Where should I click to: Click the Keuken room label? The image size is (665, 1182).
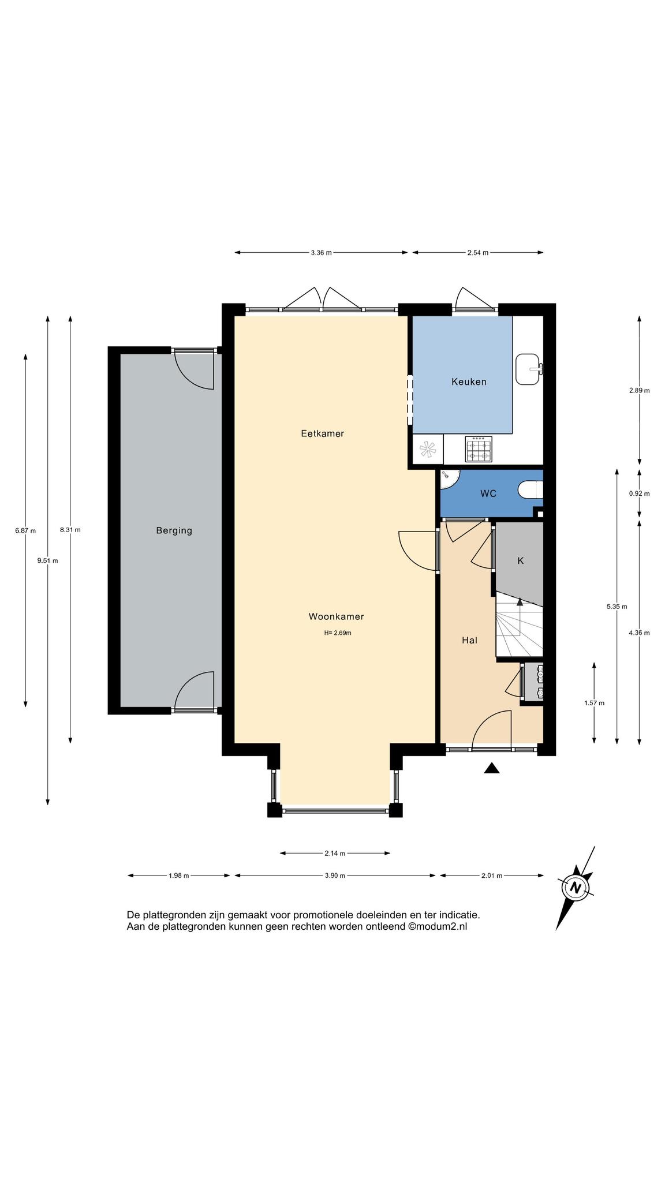pos(469,381)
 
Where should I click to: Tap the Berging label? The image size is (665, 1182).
pos(174,530)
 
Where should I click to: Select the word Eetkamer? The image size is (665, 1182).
pos(322,433)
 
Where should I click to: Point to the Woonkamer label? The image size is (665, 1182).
pos(336,616)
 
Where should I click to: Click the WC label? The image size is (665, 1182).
pos(488,494)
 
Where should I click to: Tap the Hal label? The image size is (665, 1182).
pos(469,640)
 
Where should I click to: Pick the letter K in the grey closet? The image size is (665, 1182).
pos(520,560)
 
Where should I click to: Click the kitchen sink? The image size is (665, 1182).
pos(529,369)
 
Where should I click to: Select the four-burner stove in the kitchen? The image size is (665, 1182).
pos(479,450)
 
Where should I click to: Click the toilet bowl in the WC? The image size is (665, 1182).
pos(530,491)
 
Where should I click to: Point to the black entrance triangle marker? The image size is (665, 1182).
pos(491,768)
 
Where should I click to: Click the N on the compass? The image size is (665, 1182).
pos(575,887)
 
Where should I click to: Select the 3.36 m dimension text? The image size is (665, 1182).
pos(321,253)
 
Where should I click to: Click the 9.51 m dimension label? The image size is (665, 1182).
pos(47,560)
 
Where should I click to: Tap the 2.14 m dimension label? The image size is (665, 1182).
pos(335,853)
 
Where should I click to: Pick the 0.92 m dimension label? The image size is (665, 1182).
pos(639,493)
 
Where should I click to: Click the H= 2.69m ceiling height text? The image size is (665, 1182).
pos(338,633)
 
